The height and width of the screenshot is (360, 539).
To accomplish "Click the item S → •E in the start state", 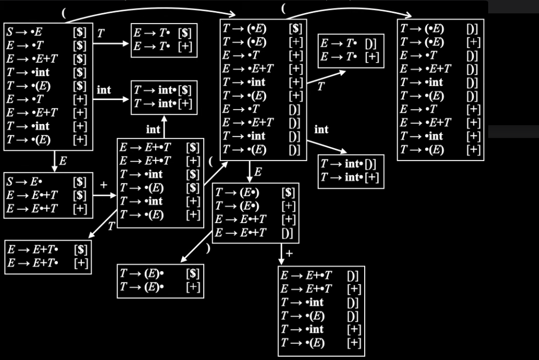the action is coord(46,32).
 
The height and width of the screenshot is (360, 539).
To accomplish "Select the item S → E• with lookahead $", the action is coord(46,181).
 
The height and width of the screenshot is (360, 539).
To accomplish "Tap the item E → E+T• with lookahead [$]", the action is coord(48,249).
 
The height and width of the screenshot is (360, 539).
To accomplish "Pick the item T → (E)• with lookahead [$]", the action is coord(160,273).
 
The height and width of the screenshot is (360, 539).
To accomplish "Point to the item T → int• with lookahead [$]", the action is coord(163,90).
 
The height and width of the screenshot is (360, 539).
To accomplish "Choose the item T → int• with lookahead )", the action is coord(349,164).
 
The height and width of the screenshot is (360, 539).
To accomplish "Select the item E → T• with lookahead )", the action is coord(349,43).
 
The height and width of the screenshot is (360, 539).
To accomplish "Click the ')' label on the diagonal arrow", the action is coord(207,248).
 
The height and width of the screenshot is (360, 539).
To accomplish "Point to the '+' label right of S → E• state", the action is coord(104,185).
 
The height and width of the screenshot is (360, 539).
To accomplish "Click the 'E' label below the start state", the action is coord(63,160).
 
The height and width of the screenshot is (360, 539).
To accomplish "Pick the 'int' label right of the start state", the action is coord(104,90).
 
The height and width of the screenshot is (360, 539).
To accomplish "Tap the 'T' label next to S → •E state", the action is coord(101,33).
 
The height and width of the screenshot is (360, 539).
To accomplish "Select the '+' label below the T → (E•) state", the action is coord(289,254).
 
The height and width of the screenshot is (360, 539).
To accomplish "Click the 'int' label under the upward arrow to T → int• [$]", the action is coord(153,129).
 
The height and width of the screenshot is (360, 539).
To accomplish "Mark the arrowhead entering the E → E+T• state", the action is coord(91,235).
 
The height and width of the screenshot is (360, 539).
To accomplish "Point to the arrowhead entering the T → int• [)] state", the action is coord(343,151).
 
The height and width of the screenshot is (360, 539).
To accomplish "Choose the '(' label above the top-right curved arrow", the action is coord(283,9).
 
